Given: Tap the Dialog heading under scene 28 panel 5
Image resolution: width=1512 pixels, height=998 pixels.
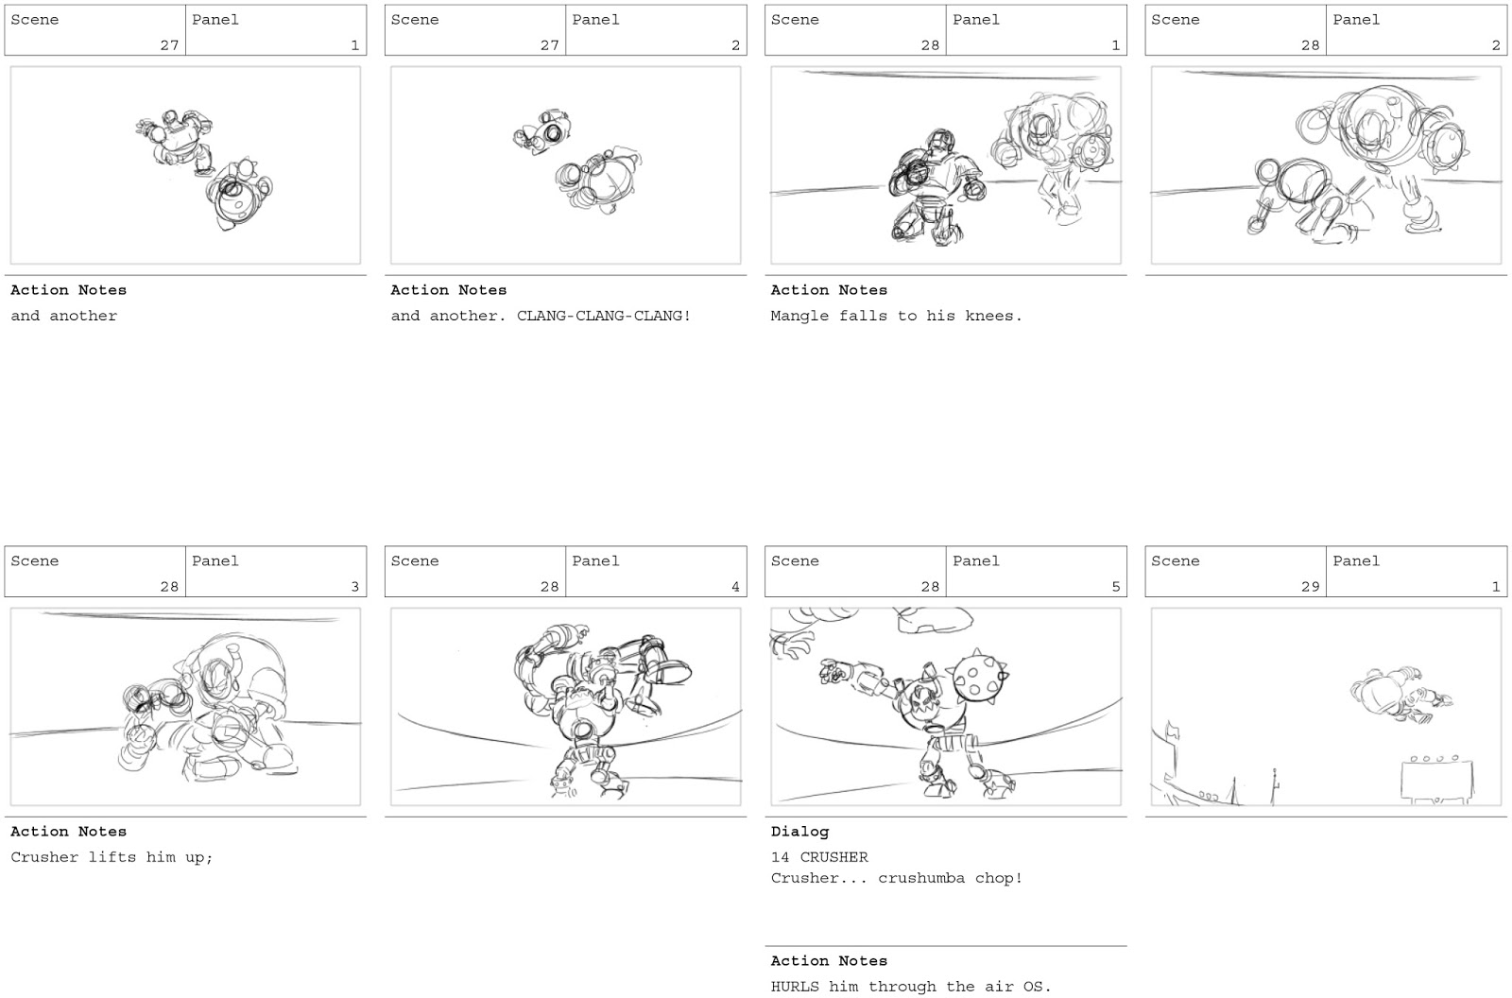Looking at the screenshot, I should pos(799,832).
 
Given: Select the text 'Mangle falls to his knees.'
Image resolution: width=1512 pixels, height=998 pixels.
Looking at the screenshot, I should pos(896,316).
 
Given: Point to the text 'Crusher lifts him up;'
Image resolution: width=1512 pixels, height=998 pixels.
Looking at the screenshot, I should pos(112,857).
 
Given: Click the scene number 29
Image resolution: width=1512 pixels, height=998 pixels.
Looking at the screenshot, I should pos(1310,587).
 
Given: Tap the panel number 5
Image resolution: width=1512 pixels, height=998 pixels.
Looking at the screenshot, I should pos(1115,587).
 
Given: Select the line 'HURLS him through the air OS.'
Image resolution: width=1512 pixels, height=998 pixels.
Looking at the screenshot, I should pos(910,987).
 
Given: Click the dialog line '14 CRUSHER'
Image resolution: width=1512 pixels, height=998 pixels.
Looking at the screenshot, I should pos(819,857).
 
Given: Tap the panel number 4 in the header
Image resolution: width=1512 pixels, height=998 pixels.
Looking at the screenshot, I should pos(735,587).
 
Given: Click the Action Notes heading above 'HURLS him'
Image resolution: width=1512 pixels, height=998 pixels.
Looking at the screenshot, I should pos(829,961).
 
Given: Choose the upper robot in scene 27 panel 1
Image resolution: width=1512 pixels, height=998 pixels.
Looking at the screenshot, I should pos(180,140).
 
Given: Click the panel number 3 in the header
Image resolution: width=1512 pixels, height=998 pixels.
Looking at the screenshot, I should pos(355,587).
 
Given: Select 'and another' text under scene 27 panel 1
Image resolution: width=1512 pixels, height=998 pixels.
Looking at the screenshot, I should pos(64,316).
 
